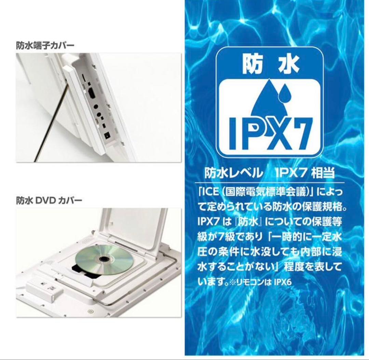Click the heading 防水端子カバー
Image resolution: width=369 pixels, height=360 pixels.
[45, 45]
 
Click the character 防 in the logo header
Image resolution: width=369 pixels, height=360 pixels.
[252, 64]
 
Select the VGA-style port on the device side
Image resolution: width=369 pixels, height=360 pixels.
[92, 93]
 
